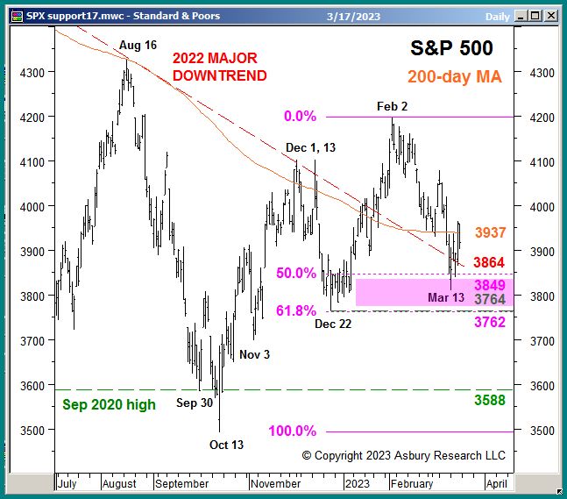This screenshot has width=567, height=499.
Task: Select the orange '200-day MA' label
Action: point(454,77)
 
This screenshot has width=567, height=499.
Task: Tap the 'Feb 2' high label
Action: point(392,105)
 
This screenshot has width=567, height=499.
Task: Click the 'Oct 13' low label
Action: point(226,445)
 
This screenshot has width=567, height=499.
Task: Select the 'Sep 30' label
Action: point(195,403)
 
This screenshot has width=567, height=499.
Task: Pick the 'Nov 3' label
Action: point(256,354)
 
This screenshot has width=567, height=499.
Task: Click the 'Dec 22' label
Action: point(335,324)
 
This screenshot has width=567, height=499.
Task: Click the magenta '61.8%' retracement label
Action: point(295,311)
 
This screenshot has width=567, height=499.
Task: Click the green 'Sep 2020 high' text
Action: point(110,404)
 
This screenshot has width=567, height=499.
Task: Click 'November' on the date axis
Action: point(274,483)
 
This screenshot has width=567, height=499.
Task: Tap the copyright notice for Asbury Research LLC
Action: point(404,456)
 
